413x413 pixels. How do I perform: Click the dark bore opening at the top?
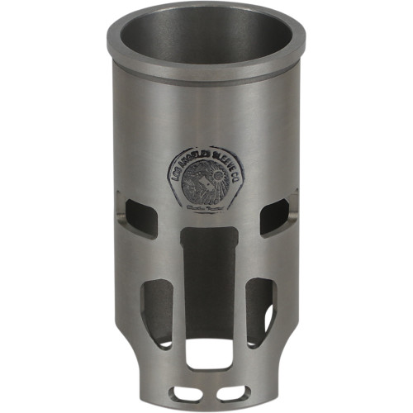point(206,37)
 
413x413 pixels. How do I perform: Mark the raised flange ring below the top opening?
point(206,73)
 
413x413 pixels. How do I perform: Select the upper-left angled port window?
point(135,214)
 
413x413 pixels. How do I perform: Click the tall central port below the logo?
point(206,273)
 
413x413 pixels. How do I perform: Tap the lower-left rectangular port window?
point(157,310)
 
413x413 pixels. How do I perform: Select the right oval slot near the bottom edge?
point(232,387)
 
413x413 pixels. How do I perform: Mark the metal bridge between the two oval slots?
point(206,388)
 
